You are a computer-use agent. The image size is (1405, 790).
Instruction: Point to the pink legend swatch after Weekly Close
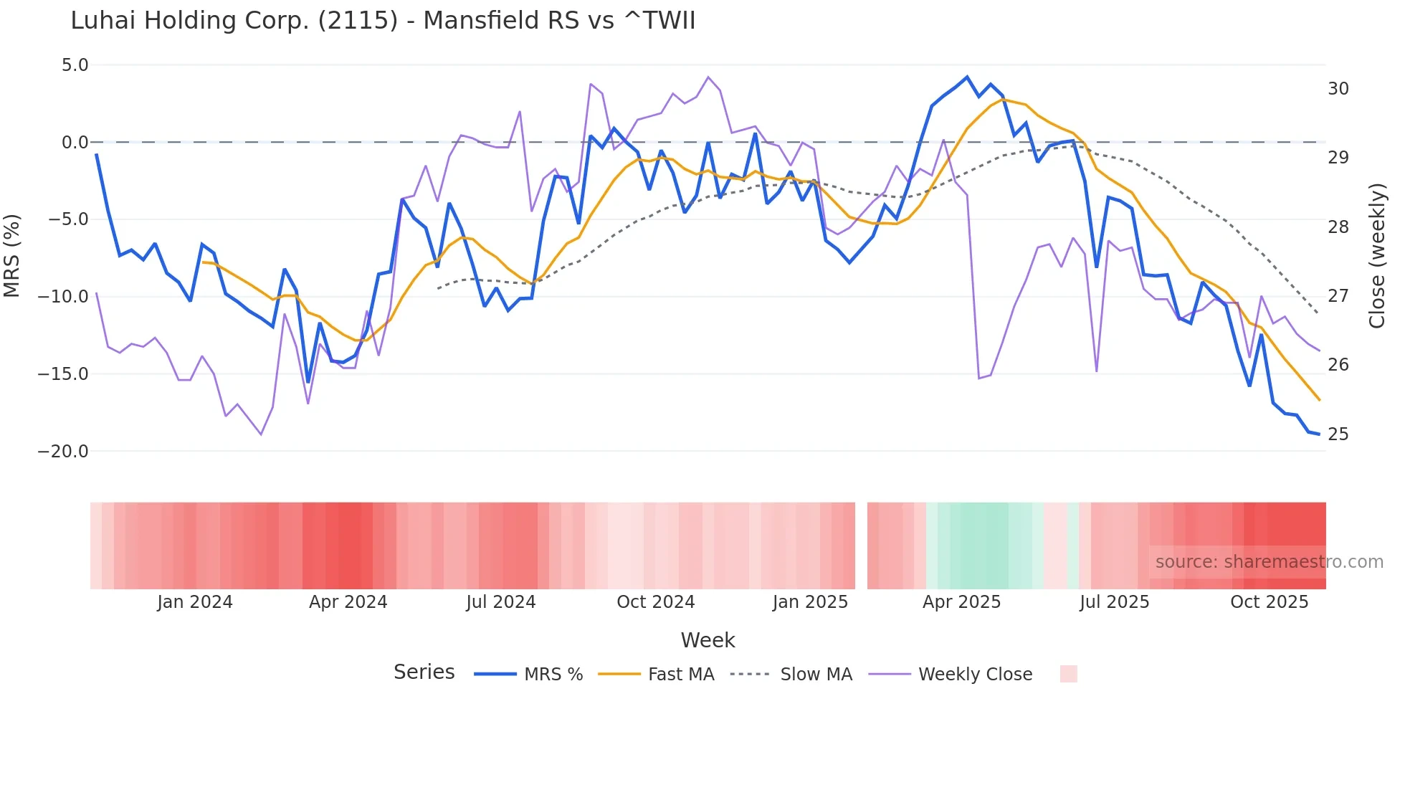[1068, 674]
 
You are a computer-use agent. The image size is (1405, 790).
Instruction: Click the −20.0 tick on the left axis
[63, 452]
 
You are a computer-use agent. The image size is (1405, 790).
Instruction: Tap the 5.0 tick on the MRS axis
[75, 65]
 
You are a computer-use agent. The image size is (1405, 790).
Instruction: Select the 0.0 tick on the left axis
[75, 143]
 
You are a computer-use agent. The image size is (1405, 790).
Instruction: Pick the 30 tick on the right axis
[1338, 89]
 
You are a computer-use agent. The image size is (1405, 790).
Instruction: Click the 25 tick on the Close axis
[1338, 434]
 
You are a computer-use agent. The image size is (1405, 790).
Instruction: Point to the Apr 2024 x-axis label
[348, 602]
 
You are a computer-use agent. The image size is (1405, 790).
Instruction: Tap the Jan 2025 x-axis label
[810, 602]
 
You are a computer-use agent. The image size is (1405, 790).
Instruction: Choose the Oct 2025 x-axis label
[1269, 602]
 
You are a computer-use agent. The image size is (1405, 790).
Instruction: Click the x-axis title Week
[708, 640]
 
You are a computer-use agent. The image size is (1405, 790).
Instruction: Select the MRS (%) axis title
[12, 256]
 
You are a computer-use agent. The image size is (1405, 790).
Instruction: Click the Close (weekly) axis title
[1376, 256]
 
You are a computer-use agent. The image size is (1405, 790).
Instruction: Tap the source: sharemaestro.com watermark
[1269, 562]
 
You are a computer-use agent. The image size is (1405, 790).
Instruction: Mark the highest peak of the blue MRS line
[967, 77]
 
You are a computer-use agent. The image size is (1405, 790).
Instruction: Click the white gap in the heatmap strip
[861, 546]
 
